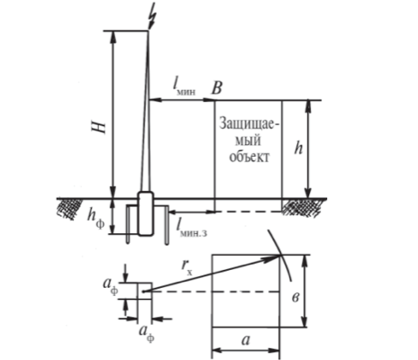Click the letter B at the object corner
coord(216,88)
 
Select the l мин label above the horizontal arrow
coord(184,87)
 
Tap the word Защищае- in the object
coord(249,123)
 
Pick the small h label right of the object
coord(298,148)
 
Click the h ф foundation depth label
coord(96,218)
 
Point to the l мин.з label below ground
coord(191,228)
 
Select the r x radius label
coord(186,266)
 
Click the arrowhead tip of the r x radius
coord(280,256)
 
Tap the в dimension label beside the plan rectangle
coord(295,298)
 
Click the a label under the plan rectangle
coord(246,340)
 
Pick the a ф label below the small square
coord(147,334)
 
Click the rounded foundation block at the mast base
coord(146,213)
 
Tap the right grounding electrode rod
coord(167,224)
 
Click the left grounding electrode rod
coord(129,224)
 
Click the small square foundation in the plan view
coord(144,291)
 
